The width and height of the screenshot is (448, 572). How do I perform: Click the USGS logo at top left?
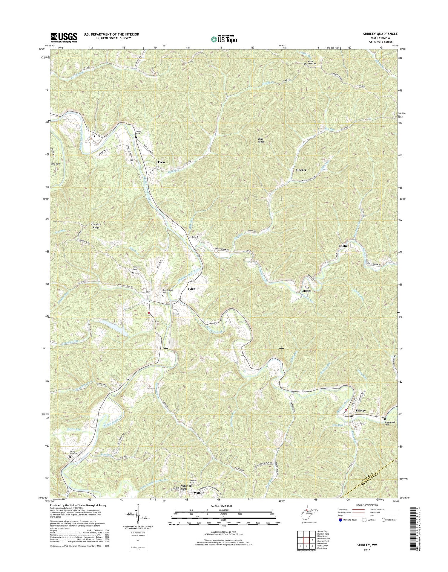pyautogui.click(x=64, y=38)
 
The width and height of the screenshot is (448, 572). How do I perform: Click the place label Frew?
pyautogui.click(x=161, y=162)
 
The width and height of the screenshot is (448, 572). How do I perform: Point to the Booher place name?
pyautogui.click(x=343, y=246)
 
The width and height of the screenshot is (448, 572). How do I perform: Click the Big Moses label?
pyautogui.click(x=306, y=289)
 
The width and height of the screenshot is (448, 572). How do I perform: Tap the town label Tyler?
pyautogui.click(x=191, y=289)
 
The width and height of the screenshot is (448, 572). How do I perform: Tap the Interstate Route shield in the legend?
pyautogui.click(x=340, y=520)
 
